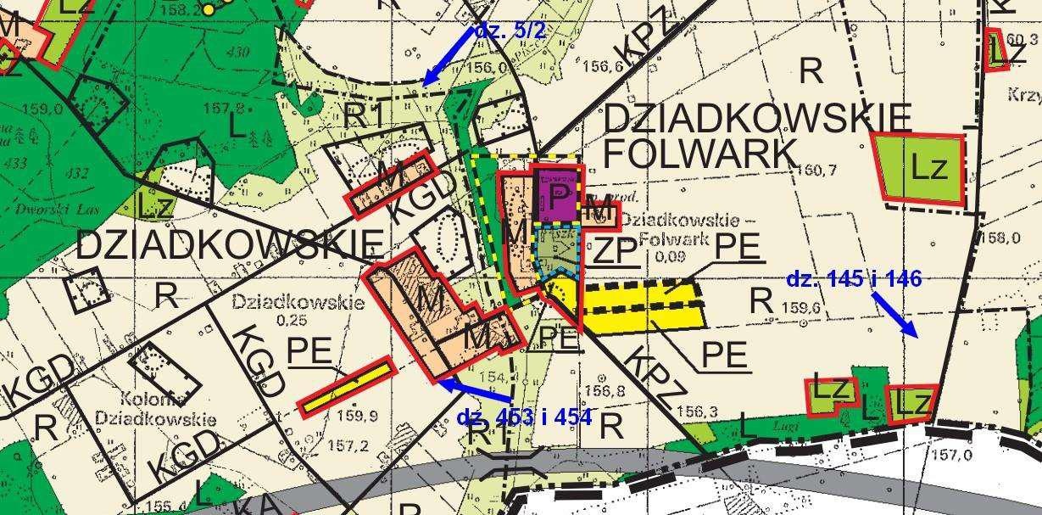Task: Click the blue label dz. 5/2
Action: (510, 31)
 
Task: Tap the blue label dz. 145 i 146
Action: (853, 279)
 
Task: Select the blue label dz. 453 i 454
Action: (523, 417)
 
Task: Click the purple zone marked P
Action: (558, 196)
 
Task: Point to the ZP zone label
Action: (614, 252)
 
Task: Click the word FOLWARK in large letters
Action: (699, 153)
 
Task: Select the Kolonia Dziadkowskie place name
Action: (155, 409)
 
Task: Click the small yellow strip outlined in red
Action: (348, 387)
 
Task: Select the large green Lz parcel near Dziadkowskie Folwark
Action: (922, 169)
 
